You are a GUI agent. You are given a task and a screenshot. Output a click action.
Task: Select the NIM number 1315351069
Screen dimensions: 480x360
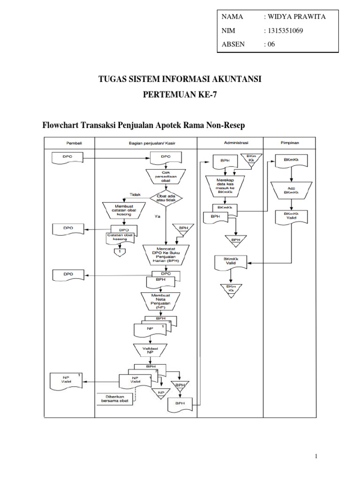point(285,31)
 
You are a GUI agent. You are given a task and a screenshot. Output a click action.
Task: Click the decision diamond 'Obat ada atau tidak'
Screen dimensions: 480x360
point(166,198)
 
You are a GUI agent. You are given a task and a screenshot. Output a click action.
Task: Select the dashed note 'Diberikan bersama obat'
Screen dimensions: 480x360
point(115,398)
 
